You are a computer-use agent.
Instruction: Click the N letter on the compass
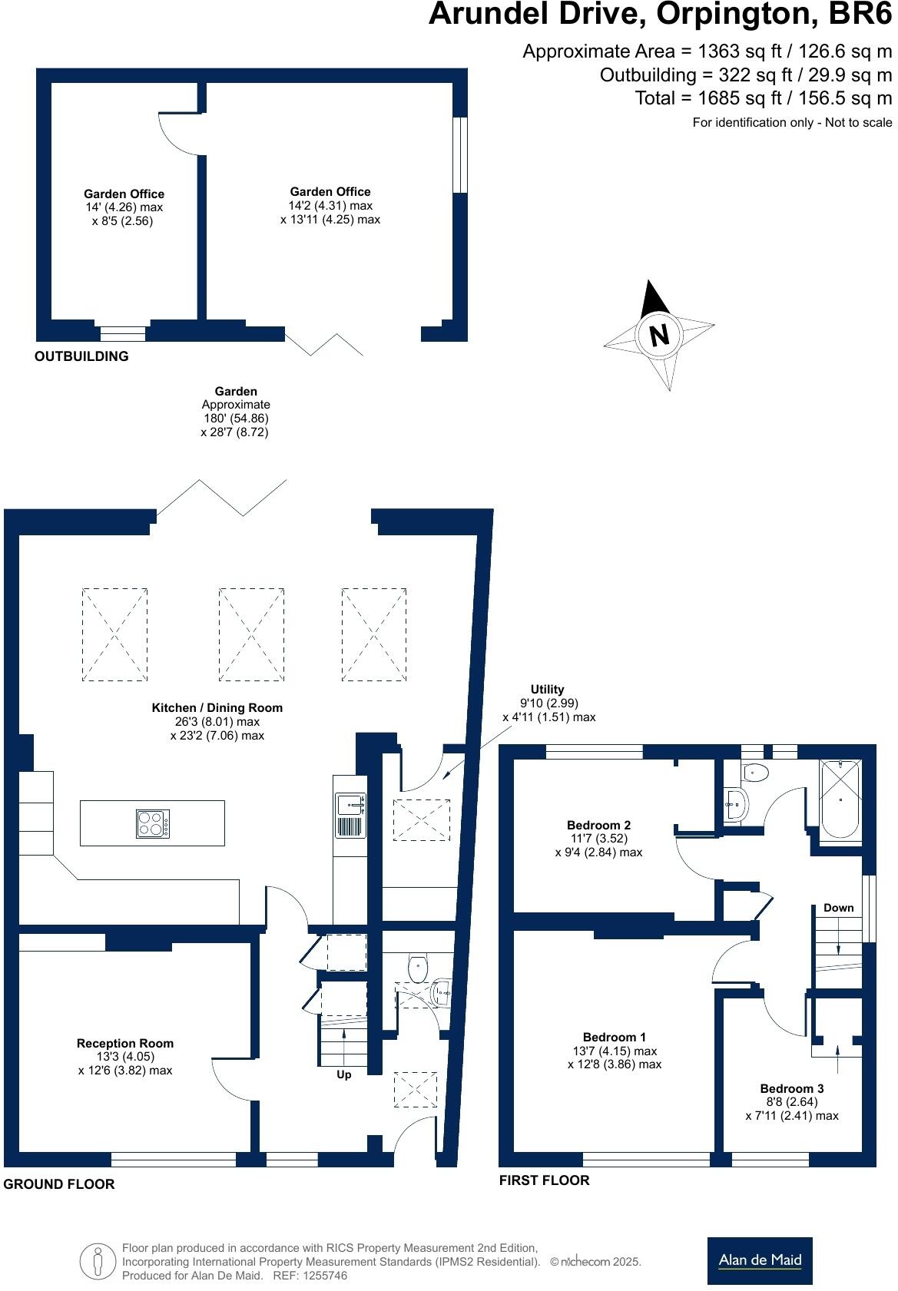(659, 335)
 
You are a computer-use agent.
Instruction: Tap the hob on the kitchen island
(152, 823)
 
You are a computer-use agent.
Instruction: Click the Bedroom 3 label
(792, 1088)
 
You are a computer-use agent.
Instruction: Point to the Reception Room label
(125, 1043)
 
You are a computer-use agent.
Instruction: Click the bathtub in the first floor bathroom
(841, 799)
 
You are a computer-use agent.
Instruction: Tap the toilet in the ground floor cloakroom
(417, 968)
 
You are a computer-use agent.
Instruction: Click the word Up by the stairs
(344, 1074)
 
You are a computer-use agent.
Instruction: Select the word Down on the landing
(838, 908)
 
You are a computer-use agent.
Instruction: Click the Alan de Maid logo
(760, 1261)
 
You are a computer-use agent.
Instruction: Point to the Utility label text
(547, 690)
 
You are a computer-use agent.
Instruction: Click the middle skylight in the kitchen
(251, 634)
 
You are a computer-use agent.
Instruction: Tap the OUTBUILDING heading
(81, 356)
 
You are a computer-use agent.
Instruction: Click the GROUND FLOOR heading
(59, 1184)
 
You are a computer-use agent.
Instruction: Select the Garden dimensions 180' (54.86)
(235, 419)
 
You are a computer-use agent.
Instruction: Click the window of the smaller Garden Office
(123, 333)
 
